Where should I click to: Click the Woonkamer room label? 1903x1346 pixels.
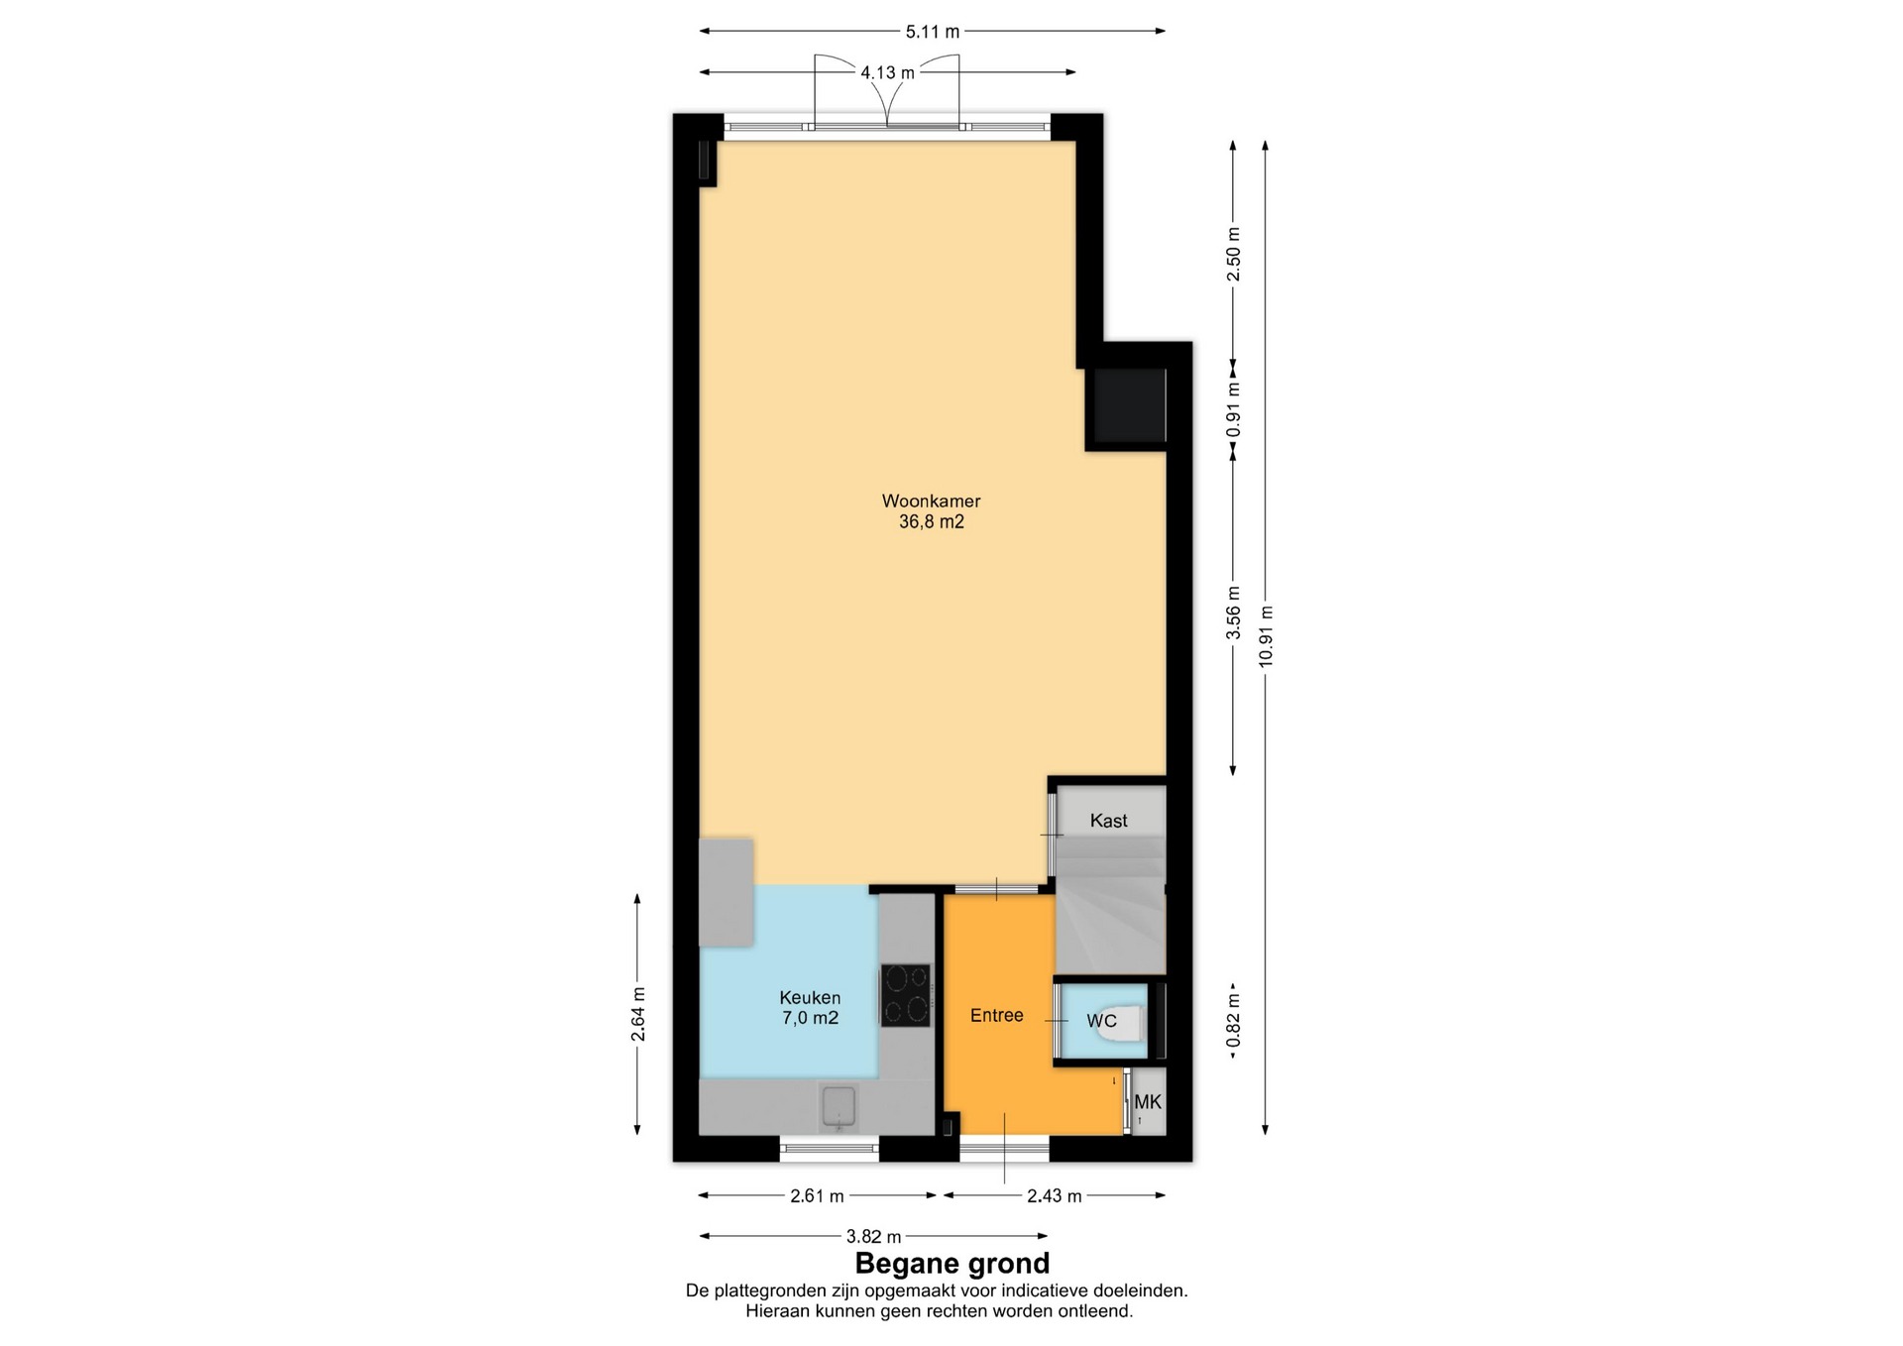pos(931,501)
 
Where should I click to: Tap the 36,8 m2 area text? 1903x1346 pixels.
pos(931,522)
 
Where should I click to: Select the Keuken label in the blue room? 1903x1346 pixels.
pos(810,998)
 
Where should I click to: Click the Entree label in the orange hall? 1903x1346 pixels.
pos(996,1015)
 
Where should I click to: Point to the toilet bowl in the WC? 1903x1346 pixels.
pos(1124,1021)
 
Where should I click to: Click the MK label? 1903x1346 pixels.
pos(1148,1102)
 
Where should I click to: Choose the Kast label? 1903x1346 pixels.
pos(1108,821)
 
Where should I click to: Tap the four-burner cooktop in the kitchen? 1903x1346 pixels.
pos(906,994)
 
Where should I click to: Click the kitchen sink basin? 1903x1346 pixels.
pos(840,1107)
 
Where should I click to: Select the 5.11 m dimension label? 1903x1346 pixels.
pos(933,32)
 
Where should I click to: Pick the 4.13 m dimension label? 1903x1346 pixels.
pos(887,72)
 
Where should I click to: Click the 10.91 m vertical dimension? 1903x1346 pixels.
pos(1265,636)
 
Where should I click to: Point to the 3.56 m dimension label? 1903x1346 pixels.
pos(1233,613)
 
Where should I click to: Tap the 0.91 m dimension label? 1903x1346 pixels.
pos(1233,411)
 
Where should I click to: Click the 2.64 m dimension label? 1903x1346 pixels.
pos(637,1014)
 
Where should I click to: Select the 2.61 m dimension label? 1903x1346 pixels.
pos(817,1196)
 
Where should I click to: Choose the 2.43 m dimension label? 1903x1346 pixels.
pos(1054,1196)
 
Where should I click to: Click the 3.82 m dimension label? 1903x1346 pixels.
pos(873,1237)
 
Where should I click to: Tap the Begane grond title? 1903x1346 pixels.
pos(951,1264)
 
